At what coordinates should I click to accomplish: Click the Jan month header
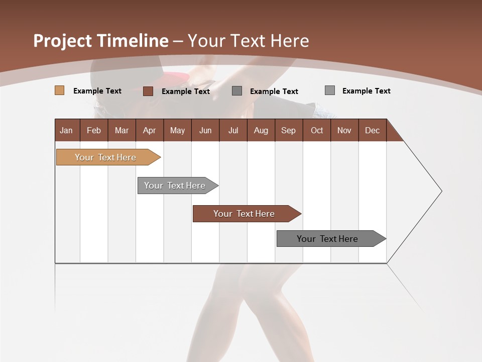(67, 130)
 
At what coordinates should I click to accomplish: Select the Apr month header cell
(150, 130)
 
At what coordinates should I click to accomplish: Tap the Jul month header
(233, 130)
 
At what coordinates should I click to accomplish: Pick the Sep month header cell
(288, 130)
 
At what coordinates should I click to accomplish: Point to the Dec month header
(372, 130)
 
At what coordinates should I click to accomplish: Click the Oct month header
(316, 130)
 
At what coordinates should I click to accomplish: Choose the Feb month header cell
(94, 130)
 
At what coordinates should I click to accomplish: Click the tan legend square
(60, 90)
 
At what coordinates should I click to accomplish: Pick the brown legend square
(148, 91)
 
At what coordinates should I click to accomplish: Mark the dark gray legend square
(237, 91)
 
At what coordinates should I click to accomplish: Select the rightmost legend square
(330, 90)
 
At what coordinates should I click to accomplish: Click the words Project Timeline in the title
(100, 41)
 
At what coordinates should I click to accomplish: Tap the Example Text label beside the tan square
(97, 91)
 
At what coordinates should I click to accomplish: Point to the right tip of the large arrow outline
(441, 191)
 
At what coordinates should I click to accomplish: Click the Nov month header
(344, 130)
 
